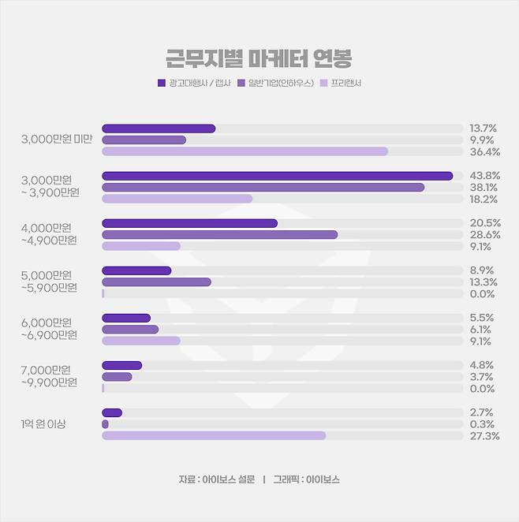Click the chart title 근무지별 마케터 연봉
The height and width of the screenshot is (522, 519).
coord(259,58)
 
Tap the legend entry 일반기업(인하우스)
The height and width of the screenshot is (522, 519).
coord(275,83)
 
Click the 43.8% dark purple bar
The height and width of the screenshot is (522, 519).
coord(277,176)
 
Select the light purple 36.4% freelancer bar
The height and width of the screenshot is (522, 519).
coord(245,151)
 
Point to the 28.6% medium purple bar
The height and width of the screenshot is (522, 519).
coord(219,234)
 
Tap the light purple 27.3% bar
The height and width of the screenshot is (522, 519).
coord(213,435)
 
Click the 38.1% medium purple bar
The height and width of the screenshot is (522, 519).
coord(263,188)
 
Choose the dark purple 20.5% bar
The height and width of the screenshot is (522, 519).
coord(189,223)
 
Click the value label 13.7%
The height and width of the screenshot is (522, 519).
coord(482,129)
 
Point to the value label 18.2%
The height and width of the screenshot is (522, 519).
coord(482,199)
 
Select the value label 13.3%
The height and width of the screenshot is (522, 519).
coord(482,282)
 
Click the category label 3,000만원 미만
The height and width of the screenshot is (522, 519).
coord(57,140)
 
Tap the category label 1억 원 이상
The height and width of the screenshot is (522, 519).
coord(43,424)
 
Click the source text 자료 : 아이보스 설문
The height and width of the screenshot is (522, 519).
coord(215,479)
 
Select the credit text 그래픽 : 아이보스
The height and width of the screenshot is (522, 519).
coord(306,479)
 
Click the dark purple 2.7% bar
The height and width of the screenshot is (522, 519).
coord(112,412)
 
